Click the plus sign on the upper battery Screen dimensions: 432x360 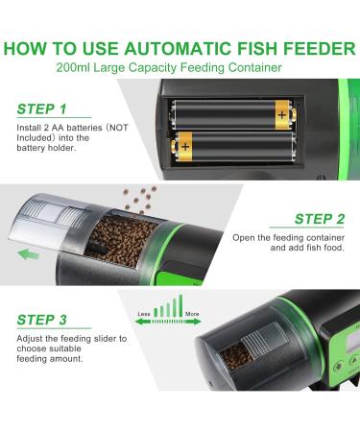click(x=280, y=114)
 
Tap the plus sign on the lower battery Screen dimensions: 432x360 click(x=183, y=148)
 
